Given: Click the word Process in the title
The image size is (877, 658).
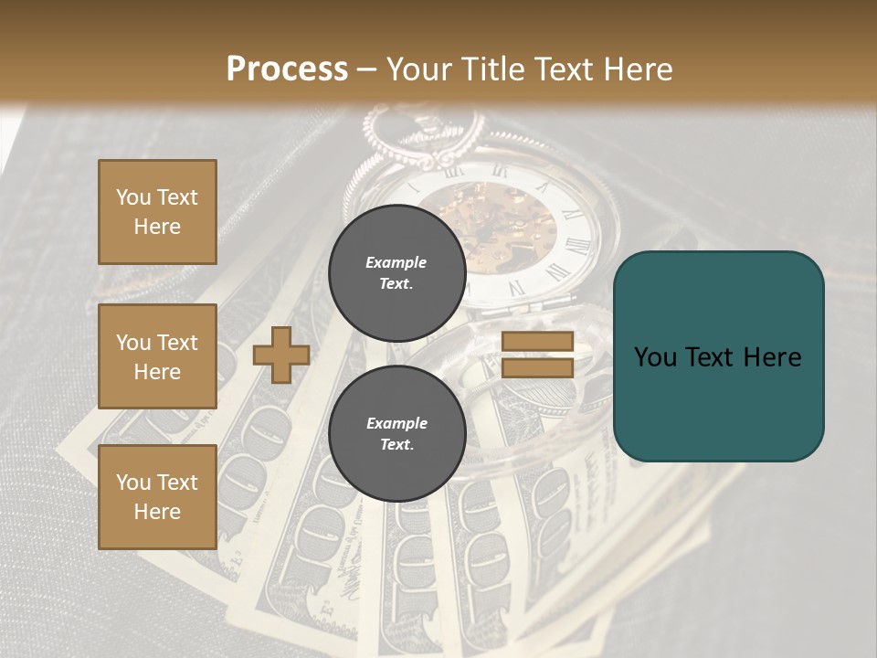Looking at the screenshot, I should tap(287, 69).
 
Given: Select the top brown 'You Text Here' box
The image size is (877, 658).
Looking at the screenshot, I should tap(157, 212).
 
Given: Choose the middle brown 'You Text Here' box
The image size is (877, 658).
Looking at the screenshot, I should tap(157, 356).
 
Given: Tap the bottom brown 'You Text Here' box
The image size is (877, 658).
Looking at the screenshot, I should tap(157, 497).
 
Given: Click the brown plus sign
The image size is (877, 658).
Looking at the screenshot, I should tap(281, 355).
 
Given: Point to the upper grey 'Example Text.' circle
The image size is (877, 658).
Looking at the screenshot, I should tap(396, 272).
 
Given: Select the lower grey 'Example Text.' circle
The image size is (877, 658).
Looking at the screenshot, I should tap(396, 433).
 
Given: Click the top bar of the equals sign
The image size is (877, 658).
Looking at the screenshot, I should tap(537, 341).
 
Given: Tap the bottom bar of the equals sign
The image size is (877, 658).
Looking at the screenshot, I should tap(537, 367).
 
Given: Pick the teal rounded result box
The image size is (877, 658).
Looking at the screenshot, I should tap(718, 356).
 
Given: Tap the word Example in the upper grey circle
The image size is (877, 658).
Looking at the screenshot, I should tap(396, 262).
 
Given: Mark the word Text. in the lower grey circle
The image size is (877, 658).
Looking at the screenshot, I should tap(396, 444).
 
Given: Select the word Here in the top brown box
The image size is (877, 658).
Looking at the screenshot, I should tap(157, 227).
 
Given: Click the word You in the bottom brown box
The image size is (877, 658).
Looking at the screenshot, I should tap(132, 483).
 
